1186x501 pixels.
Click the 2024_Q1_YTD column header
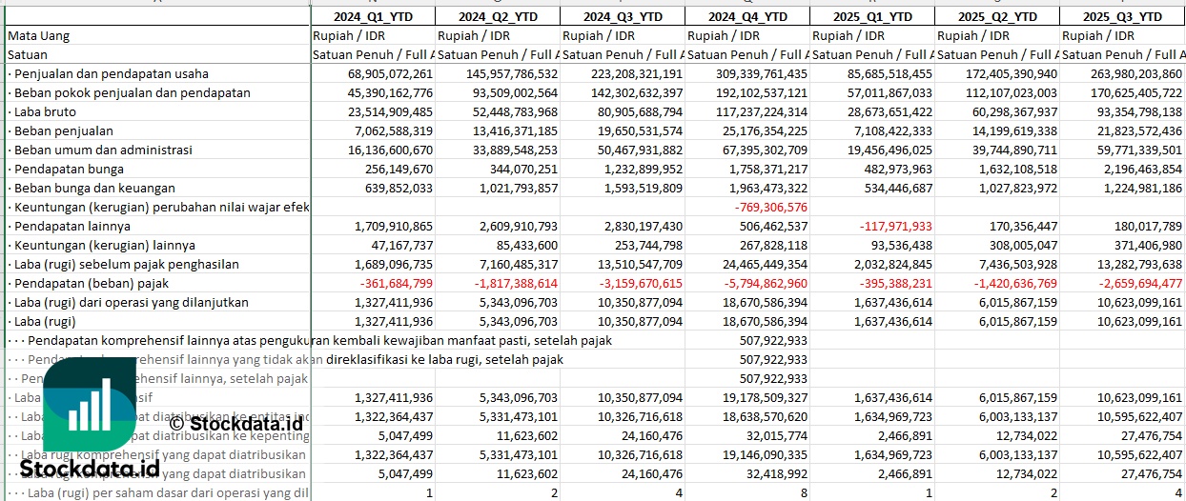373,16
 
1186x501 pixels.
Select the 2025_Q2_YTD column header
996,16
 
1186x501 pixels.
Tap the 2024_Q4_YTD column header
747,16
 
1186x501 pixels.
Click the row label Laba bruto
47,111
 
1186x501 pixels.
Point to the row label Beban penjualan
64,130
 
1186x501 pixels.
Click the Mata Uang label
39,35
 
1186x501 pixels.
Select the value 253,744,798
643,245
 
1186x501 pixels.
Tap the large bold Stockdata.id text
90,469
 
